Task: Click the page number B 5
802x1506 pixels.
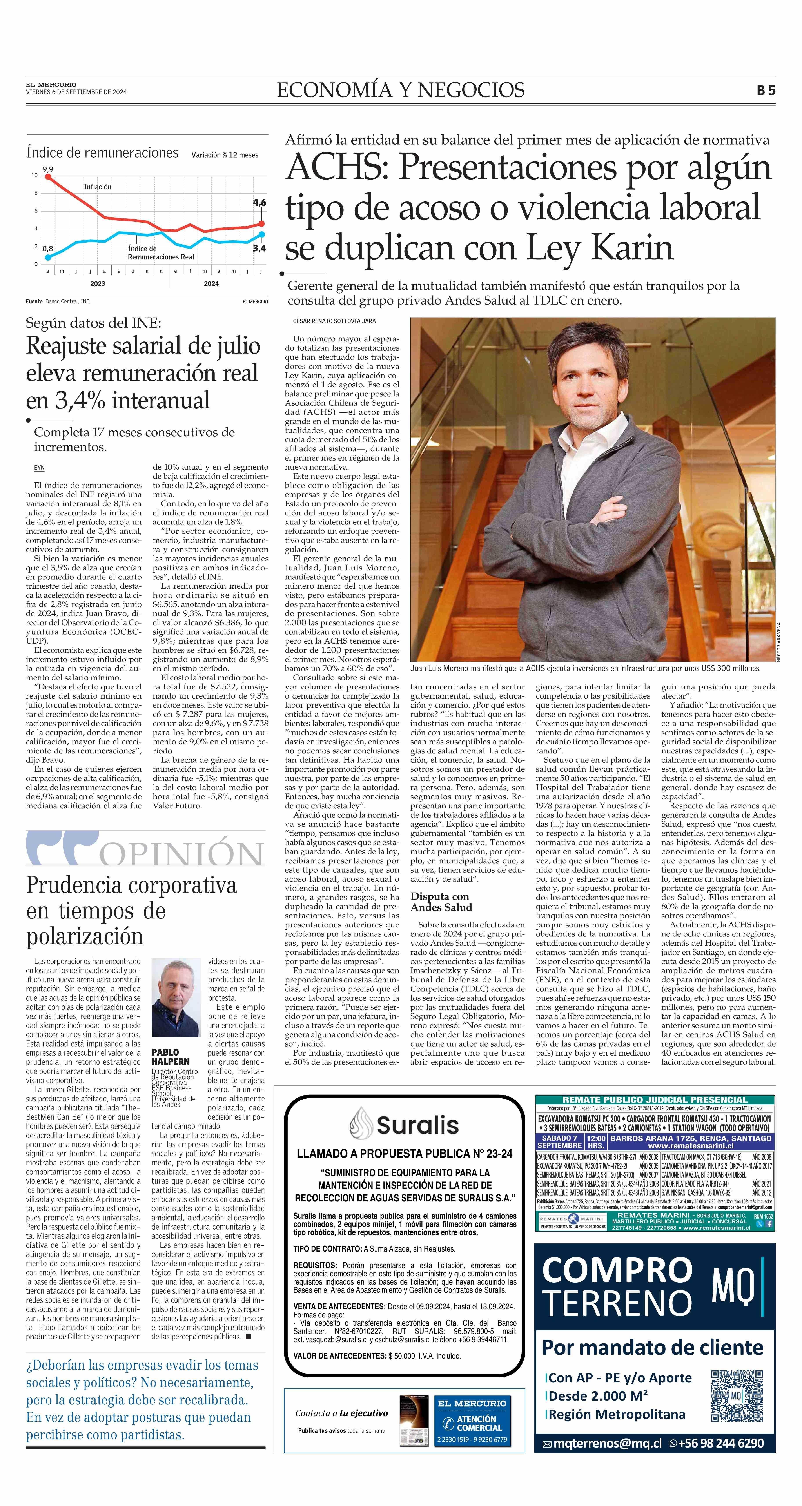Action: [x=766, y=91]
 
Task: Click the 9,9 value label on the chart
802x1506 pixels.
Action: [x=47, y=169]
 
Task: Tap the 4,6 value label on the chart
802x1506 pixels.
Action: [x=259, y=202]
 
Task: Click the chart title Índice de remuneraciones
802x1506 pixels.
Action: [x=102, y=153]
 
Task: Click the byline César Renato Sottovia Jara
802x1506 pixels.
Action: [x=334, y=321]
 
